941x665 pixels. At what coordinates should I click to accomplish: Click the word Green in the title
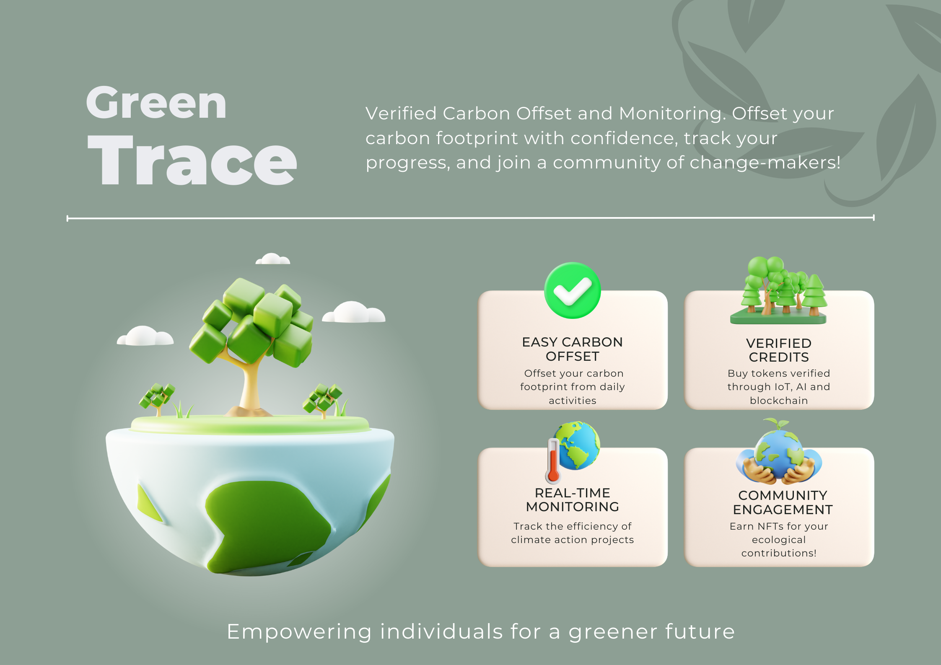pos(156,103)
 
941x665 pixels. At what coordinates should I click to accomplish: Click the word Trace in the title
pos(192,160)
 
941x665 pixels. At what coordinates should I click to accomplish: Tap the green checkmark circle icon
pos(572,290)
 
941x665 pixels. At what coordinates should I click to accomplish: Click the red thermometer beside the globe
pos(553,461)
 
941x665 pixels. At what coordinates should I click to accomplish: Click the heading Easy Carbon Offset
pos(572,349)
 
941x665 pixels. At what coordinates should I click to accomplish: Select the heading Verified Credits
pos(778,350)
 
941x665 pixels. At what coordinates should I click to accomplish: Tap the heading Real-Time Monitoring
pos(572,500)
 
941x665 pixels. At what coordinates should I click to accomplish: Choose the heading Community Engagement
pos(783,502)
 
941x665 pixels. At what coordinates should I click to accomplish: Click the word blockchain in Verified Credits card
pos(778,401)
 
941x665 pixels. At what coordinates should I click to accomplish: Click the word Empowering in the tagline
pos(299,632)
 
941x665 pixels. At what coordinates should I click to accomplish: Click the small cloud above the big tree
pos(273,259)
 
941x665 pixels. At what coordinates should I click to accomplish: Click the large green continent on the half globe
pos(268,524)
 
